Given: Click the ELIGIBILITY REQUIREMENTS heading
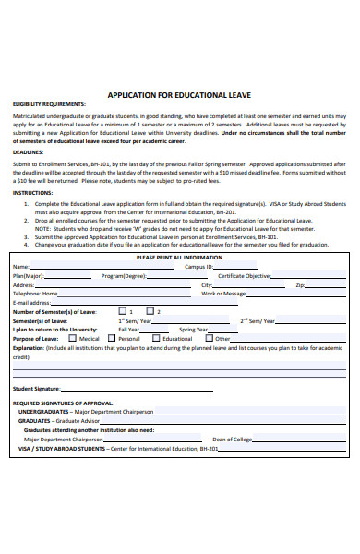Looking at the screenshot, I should [43, 104].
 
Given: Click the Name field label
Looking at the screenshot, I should [19, 267].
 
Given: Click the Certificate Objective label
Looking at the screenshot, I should [244, 276].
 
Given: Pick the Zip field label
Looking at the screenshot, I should [300, 285].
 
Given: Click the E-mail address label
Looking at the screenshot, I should [30, 302].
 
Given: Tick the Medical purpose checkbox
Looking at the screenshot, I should [73, 338].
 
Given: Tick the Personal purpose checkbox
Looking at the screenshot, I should [111, 338].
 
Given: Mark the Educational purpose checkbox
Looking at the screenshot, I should [155, 338].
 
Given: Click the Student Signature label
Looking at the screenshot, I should [36, 389].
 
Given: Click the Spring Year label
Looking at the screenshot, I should [194, 329].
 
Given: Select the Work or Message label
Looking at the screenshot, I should [223, 294].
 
